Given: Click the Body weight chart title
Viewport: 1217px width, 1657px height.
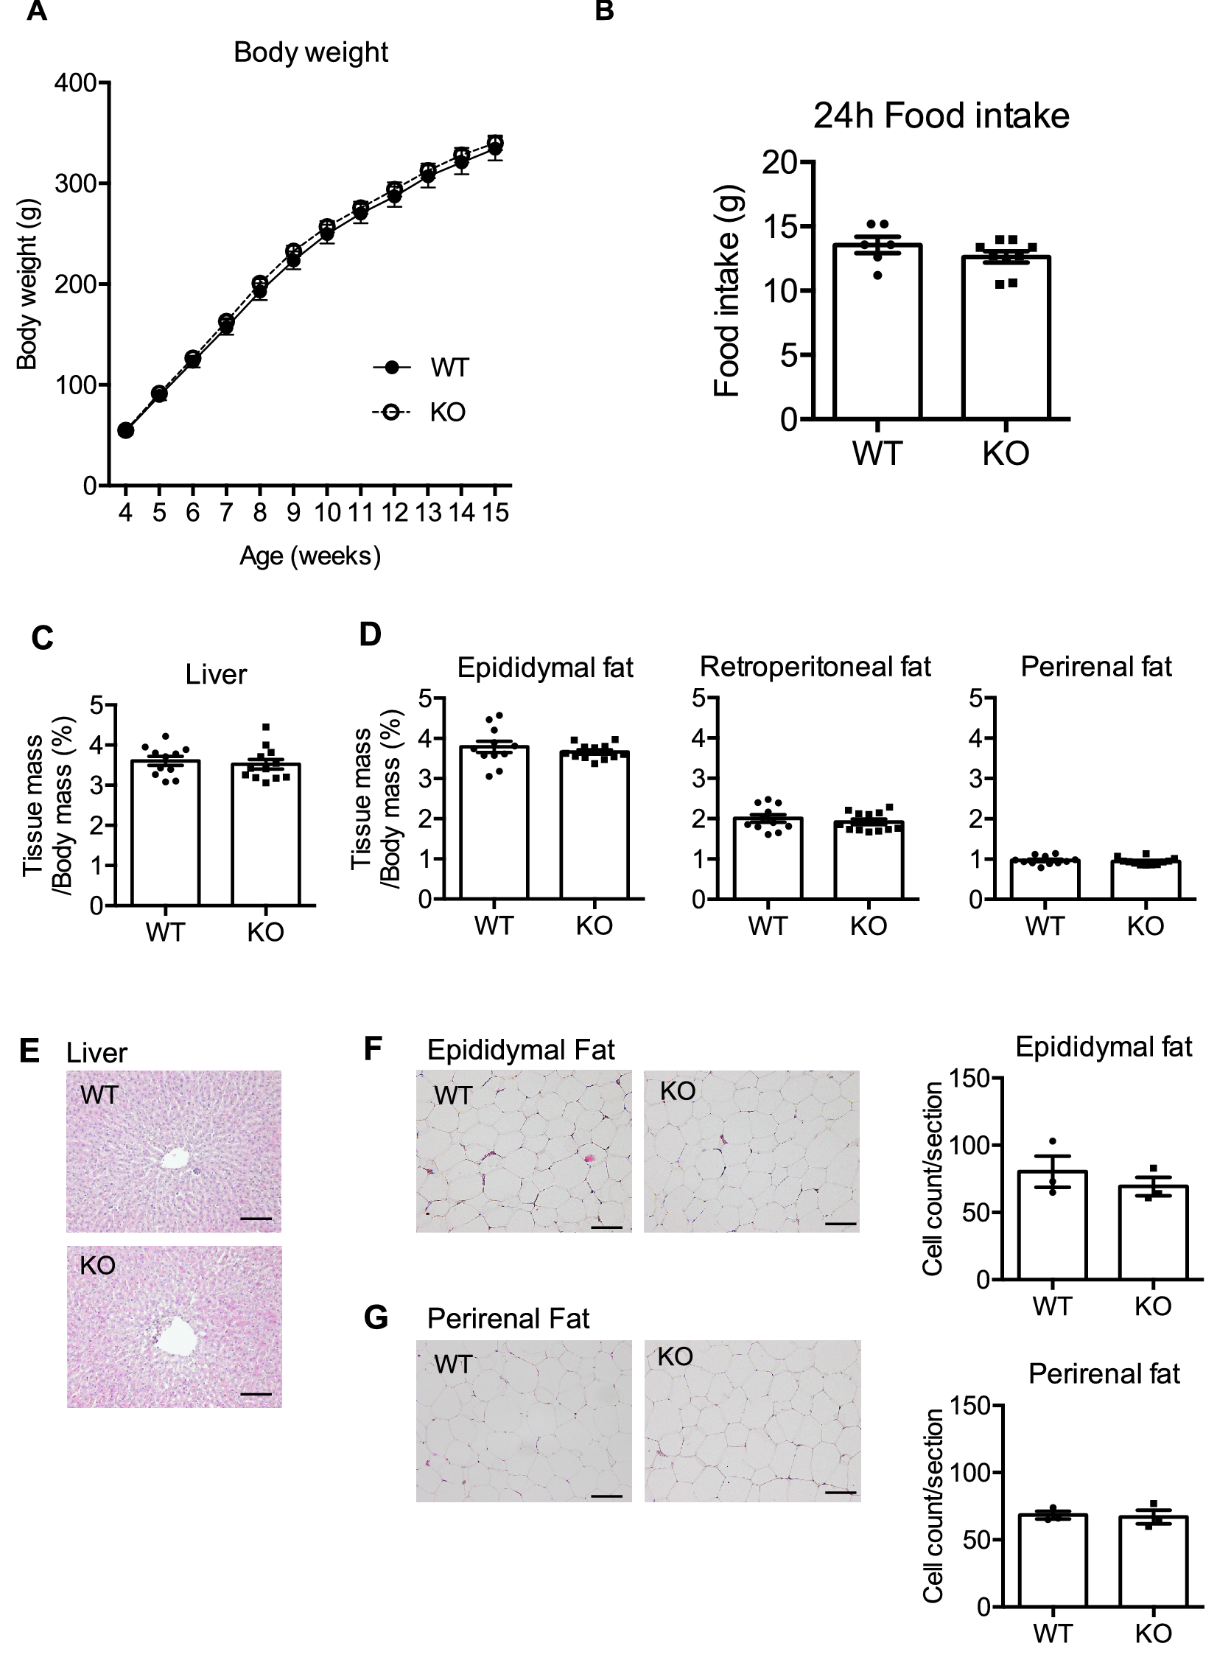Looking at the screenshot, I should click(310, 53).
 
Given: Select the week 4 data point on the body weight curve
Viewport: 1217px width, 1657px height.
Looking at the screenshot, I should click(126, 430).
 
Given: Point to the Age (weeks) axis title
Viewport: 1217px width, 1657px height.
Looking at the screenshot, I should click(310, 556).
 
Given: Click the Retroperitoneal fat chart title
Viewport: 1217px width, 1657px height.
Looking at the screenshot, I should click(815, 667).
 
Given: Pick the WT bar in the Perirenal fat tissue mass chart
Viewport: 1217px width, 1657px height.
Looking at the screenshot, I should click(1045, 880).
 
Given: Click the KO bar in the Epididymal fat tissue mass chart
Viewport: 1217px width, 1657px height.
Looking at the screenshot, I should click(595, 825).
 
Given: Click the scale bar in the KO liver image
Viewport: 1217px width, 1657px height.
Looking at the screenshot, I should click(256, 1394).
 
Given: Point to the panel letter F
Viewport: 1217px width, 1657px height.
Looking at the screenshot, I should click(373, 1049).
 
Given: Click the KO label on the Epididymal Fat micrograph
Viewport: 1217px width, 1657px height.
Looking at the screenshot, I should click(677, 1091).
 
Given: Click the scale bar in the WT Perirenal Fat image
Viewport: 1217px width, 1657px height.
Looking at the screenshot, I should click(606, 1496).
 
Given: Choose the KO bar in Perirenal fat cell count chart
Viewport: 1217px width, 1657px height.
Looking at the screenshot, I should click(1153, 1561).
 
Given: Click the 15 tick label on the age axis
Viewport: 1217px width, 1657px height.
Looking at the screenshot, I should click(496, 513).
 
